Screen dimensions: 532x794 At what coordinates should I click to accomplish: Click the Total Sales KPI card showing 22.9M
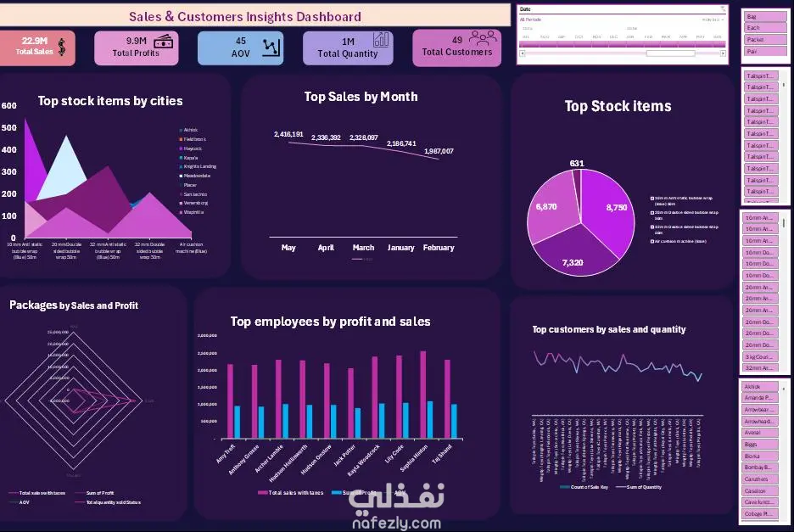[36, 47]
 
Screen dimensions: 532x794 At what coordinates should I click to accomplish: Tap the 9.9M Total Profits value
[137, 41]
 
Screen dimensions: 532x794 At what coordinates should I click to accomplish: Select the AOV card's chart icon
[272, 47]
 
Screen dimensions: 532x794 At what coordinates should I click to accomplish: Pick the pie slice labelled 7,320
[575, 255]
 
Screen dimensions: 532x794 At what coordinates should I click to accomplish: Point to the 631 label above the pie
[577, 163]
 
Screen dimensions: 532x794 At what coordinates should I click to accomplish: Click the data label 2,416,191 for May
[288, 134]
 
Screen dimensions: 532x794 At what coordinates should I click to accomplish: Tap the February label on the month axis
[439, 248]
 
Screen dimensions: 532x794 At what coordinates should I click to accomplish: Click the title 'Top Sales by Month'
[361, 97]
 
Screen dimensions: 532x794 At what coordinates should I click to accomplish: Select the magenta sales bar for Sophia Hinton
[422, 395]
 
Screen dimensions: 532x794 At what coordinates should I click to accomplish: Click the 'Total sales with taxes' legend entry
[289, 492]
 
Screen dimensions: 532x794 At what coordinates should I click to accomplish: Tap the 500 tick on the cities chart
[9, 128]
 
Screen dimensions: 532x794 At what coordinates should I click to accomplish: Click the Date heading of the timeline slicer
[526, 8]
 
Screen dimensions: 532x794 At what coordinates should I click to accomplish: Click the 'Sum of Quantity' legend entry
[644, 487]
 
